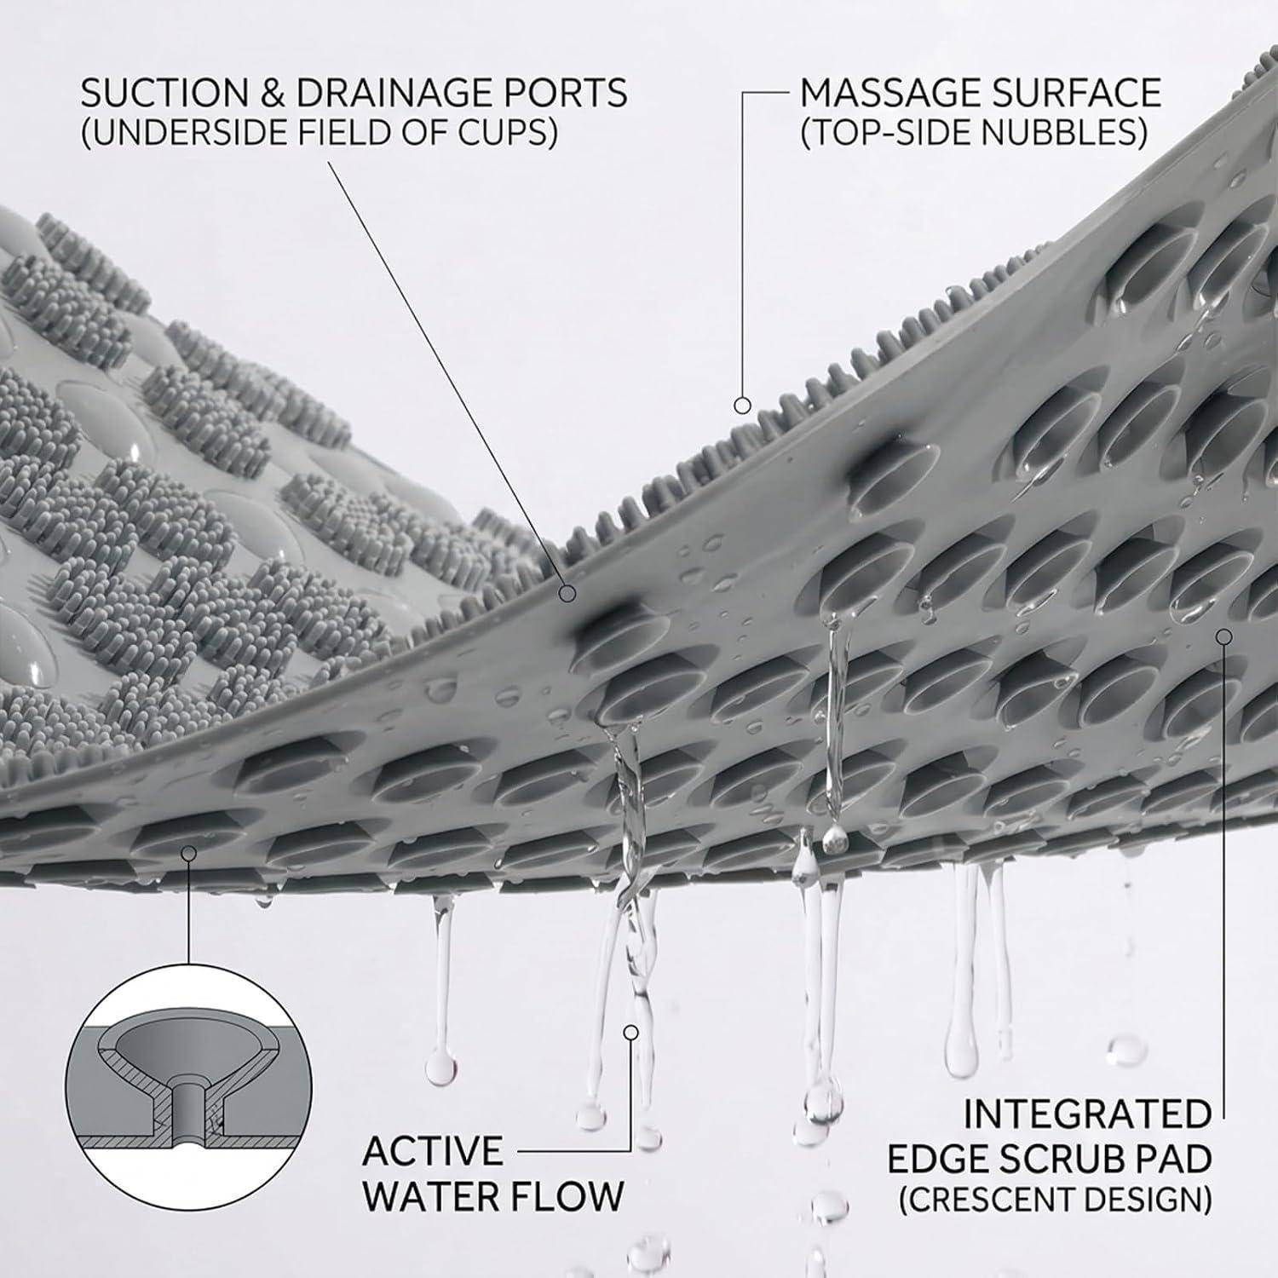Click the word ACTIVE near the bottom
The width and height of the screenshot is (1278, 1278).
point(434,1152)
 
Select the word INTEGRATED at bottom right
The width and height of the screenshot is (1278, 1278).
point(1087,1114)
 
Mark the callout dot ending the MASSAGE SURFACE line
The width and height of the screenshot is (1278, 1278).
point(743,405)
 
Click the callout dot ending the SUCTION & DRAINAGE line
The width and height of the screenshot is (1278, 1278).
point(567,593)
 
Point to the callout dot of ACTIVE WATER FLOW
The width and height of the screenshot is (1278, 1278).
point(631,1033)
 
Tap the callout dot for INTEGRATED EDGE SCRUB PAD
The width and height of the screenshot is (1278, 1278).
point(1224,636)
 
